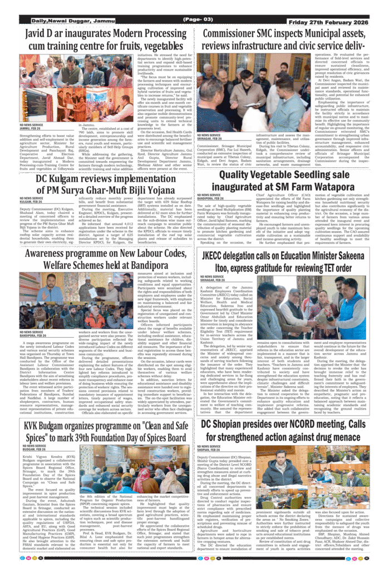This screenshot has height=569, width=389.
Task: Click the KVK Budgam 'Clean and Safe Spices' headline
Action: (106, 431)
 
